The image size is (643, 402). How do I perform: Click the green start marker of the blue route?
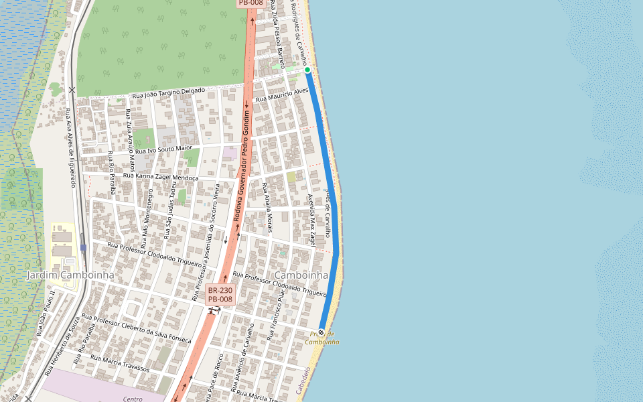pyautogui.click(x=307, y=70)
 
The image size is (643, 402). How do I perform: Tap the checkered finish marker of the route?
pyautogui.click(x=321, y=332)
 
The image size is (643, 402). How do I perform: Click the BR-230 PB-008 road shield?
pyautogui.click(x=220, y=295)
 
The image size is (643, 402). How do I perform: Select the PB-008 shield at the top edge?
pyautogui.click(x=251, y=3)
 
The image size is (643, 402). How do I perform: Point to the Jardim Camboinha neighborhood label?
pyautogui.click(x=70, y=275)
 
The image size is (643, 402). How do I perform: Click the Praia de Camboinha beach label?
pyautogui.click(x=322, y=338)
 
